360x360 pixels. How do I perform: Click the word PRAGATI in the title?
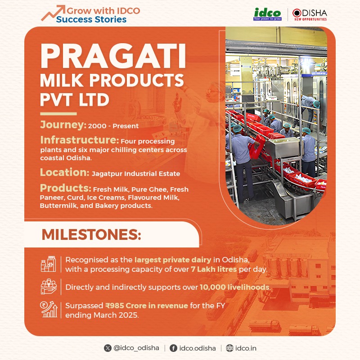(x=112, y=55)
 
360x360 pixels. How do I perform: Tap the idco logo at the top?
(x=267, y=14)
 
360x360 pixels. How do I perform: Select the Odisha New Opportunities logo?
(x=310, y=14)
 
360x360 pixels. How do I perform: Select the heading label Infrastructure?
(x=79, y=139)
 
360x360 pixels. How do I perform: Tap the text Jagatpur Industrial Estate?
(x=136, y=173)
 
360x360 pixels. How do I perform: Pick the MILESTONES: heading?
(x=91, y=234)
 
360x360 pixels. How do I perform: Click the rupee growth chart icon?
(x=48, y=310)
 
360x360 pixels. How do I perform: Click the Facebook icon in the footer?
(x=173, y=348)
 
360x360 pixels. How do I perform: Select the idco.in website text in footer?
(x=246, y=348)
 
